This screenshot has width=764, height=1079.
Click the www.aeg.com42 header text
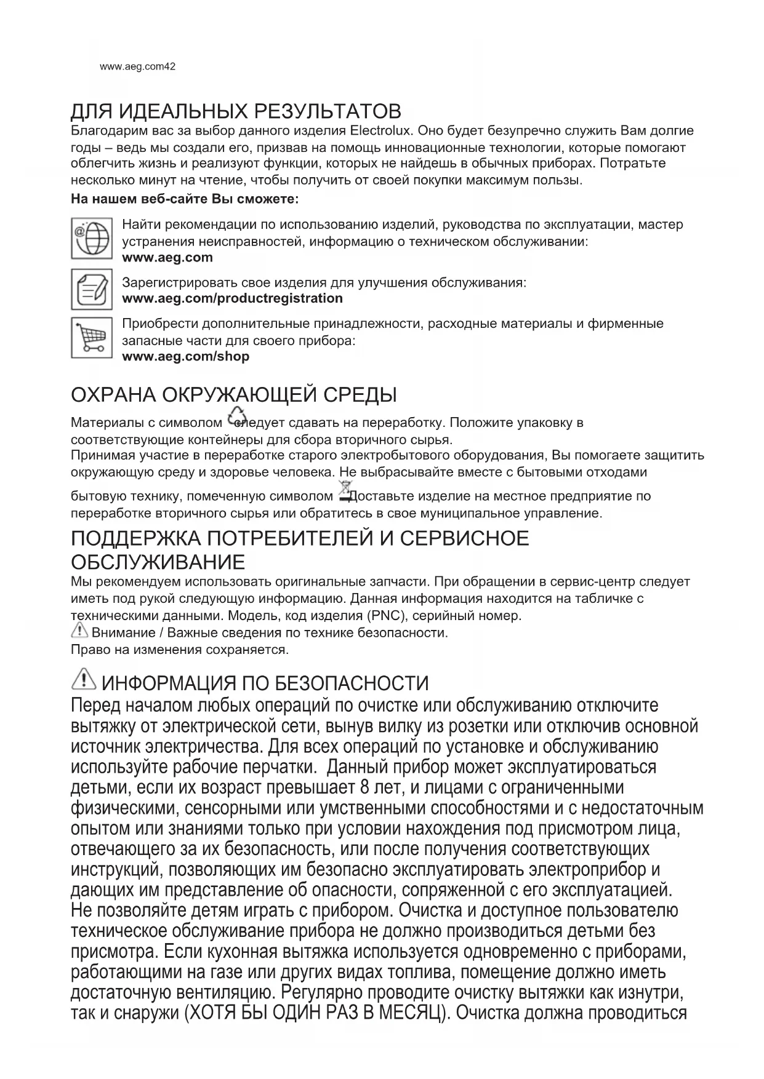pyautogui.click(x=137, y=66)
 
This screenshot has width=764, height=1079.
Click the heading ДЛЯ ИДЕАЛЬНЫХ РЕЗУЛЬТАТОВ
pyautogui.click(x=236, y=111)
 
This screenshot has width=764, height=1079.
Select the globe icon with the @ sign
pyautogui.click(x=92, y=238)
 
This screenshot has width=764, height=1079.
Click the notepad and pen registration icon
pyautogui.click(x=92, y=289)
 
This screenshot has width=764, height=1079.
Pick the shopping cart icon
pyautogui.click(x=92, y=337)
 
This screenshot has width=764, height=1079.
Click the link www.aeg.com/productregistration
pyautogui.click(x=233, y=298)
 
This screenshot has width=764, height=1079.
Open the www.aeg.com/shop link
pyautogui.click(x=186, y=356)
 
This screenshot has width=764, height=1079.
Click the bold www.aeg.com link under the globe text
pyautogui.click(x=167, y=258)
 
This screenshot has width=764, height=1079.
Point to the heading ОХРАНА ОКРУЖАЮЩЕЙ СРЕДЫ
pyautogui.click(x=234, y=394)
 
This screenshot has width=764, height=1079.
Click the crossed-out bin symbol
pyautogui.click(x=344, y=490)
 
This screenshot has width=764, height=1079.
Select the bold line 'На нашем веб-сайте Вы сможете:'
pyautogui.click(x=185, y=199)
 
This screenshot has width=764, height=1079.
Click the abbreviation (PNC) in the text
pyautogui.click(x=387, y=615)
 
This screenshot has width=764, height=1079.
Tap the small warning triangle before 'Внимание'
pyautogui.click(x=80, y=631)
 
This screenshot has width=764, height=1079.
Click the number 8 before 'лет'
pyautogui.click(x=367, y=787)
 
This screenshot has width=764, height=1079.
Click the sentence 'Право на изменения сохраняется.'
pyautogui.click(x=180, y=649)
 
